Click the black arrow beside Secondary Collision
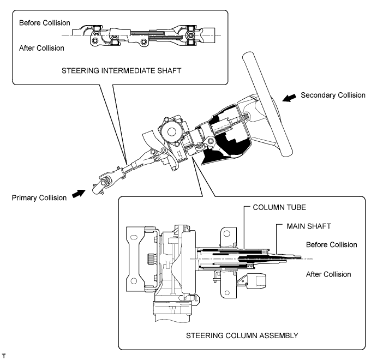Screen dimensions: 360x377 (287, 98)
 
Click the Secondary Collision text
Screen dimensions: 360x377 (333, 95)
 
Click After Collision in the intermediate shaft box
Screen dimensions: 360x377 (41, 48)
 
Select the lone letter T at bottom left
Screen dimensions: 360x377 (4, 356)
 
